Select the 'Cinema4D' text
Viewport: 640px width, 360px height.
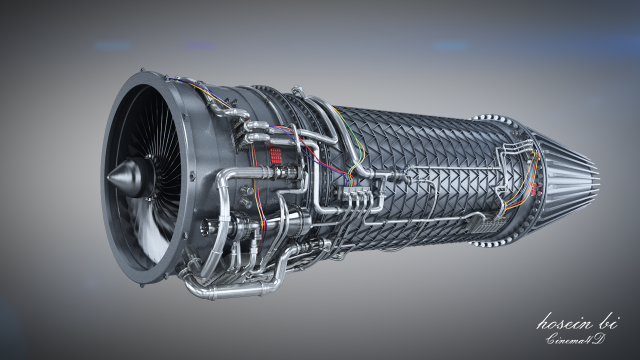(x=577, y=341)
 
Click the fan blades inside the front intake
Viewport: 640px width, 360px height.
(x=160, y=150)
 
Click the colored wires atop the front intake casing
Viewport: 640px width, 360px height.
(x=195, y=86)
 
